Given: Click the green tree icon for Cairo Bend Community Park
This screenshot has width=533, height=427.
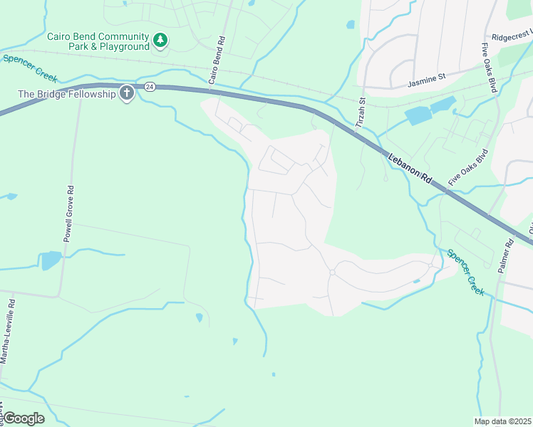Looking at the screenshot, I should tap(161, 41).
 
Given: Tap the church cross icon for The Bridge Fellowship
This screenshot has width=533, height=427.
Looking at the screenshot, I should tap(127, 93).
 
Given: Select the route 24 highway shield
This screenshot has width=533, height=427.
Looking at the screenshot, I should tap(149, 87).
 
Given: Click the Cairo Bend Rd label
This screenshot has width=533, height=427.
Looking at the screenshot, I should tap(217, 60).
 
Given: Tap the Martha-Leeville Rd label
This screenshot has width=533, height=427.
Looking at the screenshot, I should tap(9, 330).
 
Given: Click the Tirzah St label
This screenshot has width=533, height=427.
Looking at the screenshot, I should tap(361, 113).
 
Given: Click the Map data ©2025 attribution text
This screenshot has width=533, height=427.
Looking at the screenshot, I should tap(502, 421).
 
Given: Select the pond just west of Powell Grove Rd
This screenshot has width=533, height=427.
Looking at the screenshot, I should tap(51, 260).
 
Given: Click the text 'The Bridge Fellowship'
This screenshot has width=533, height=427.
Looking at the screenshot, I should tap(67, 94).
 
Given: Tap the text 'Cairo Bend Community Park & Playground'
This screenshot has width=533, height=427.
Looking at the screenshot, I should tap(98, 41).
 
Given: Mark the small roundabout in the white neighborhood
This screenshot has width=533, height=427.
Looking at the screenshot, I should tap(332, 273).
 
